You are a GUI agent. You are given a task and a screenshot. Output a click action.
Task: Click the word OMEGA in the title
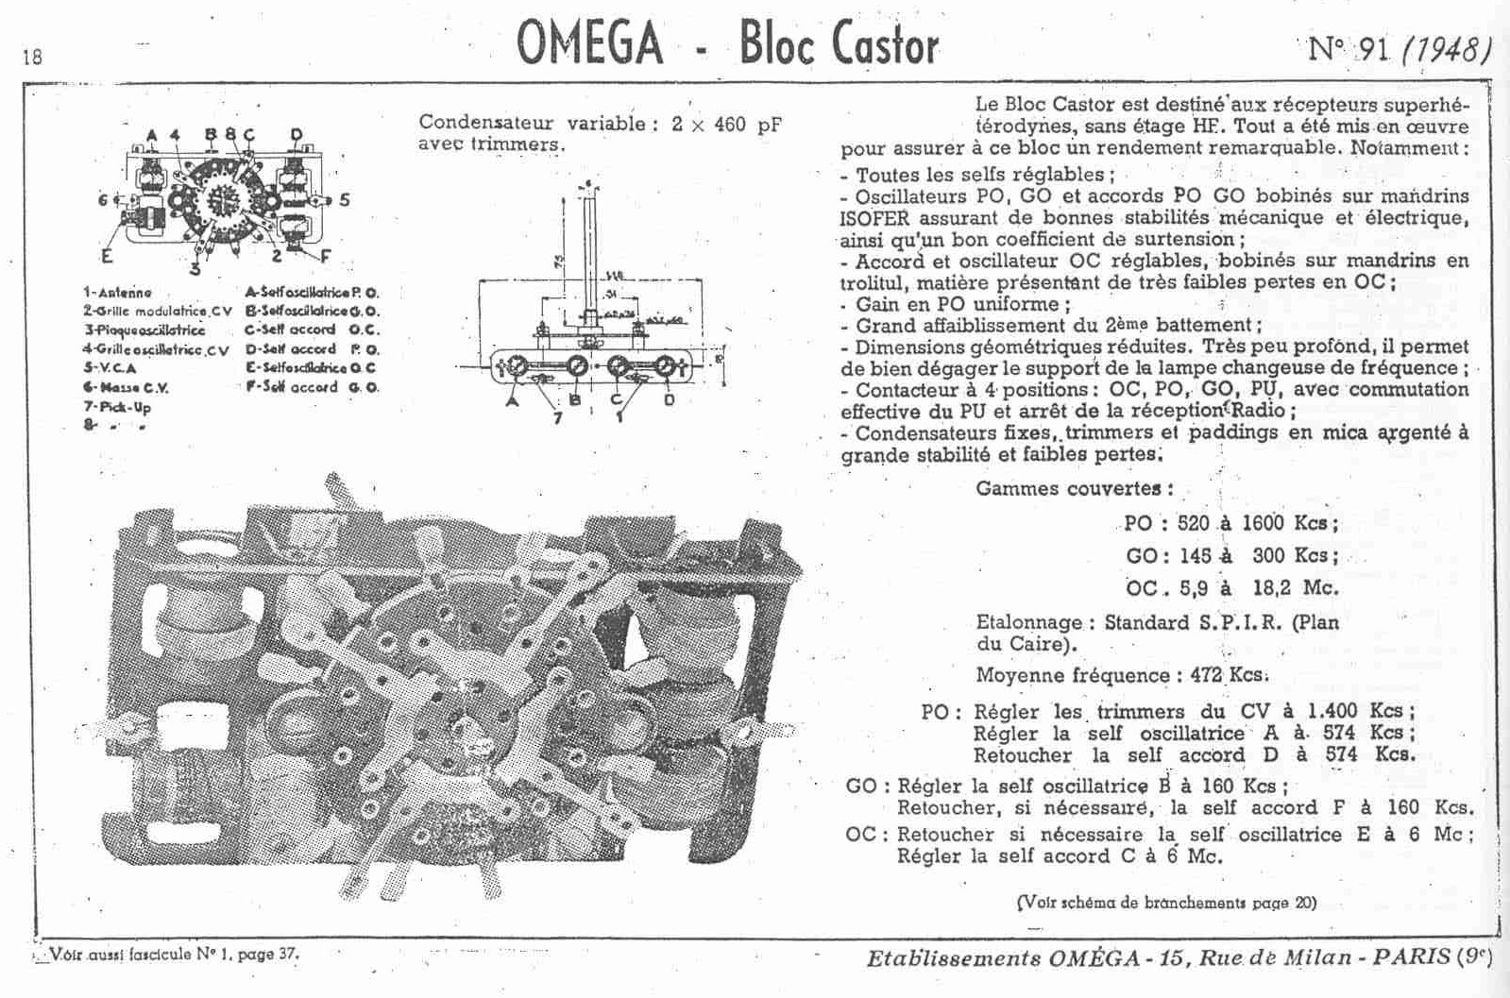[x=589, y=44]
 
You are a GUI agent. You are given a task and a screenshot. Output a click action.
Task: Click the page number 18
[x=31, y=57]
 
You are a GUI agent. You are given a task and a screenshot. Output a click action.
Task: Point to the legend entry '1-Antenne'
[x=117, y=293]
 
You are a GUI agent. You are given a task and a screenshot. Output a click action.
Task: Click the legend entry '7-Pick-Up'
[x=117, y=407]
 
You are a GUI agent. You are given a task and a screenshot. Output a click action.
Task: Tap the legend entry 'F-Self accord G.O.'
[x=312, y=387]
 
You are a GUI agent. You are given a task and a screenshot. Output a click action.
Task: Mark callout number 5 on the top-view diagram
[x=345, y=200]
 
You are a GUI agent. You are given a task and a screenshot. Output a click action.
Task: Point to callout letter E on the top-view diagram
[x=106, y=255]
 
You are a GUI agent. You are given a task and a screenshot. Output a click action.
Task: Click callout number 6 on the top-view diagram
[x=102, y=199]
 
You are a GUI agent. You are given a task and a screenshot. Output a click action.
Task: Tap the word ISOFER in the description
[x=874, y=218]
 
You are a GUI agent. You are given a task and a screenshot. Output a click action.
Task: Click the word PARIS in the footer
[x=1411, y=956]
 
